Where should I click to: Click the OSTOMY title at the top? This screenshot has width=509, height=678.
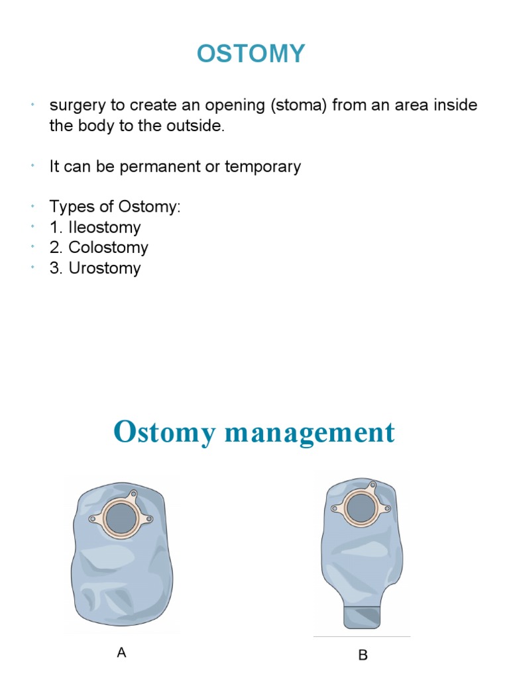click(x=251, y=54)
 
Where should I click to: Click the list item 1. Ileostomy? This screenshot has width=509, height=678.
click(x=95, y=227)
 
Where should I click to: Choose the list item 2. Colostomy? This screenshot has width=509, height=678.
click(x=99, y=248)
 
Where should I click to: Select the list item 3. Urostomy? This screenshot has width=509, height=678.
click(x=95, y=268)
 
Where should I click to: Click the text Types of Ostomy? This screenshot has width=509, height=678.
click(x=115, y=207)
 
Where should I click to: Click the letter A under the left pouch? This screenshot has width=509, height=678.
click(x=121, y=653)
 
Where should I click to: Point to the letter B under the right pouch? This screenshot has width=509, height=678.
click(x=363, y=655)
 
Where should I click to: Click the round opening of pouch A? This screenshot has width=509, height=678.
click(x=120, y=516)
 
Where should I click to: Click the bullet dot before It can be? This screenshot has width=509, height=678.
click(x=32, y=166)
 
